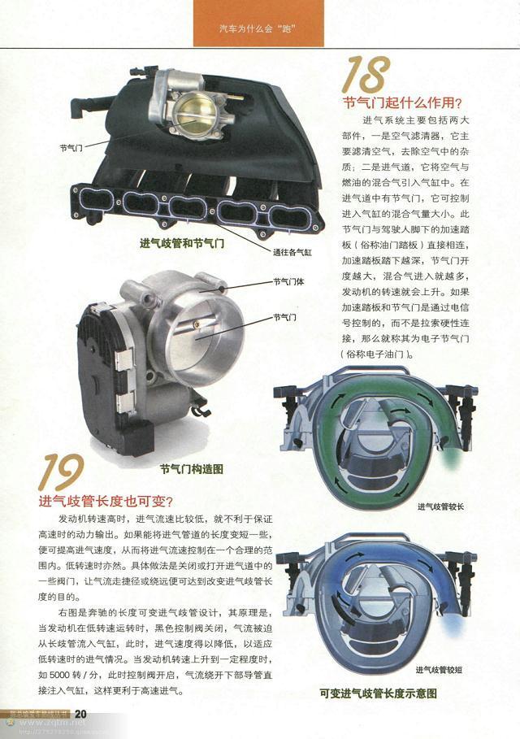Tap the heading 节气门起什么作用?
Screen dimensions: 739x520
click(403, 103)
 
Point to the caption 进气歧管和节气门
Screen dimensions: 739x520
click(182, 242)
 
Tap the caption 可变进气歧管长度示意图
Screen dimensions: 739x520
click(379, 693)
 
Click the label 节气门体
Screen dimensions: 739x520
click(288, 283)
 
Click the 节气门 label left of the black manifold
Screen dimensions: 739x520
click(71, 148)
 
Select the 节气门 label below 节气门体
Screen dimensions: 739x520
click(285, 317)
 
